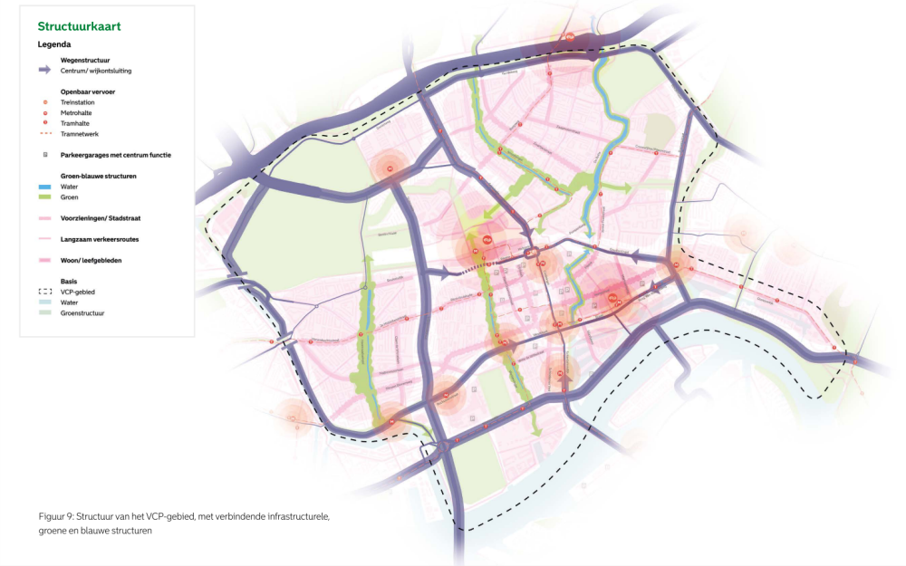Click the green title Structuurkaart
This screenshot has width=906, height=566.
click(x=79, y=26)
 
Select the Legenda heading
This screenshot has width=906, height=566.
click(x=53, y=43)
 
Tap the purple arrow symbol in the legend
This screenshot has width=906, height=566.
click(x=44, y=70)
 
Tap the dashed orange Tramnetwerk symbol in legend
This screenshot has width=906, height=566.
click(x=44, y=134)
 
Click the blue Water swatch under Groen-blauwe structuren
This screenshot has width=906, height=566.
click(x=44, y=187)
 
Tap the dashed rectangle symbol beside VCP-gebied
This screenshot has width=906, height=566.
click(x=44, y=292)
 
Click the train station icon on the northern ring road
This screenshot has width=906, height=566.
click(x=569, y=37)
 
